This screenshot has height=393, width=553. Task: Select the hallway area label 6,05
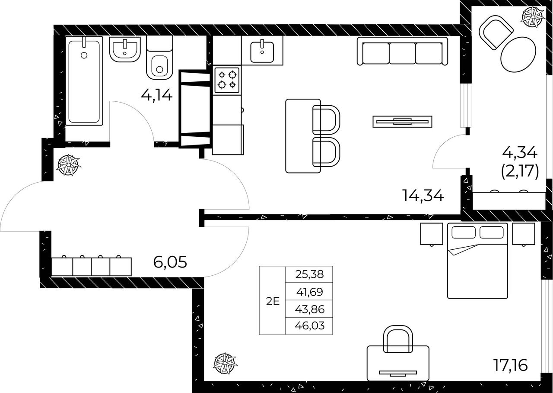click(x=170, y=262)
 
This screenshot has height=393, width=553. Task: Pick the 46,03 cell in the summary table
click(x=310, y=325)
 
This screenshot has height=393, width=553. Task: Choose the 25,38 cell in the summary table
click(x=310, y=274)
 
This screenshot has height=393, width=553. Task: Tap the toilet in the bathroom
click(x=159, y=58)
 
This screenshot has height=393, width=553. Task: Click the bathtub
click(x=84, y=81)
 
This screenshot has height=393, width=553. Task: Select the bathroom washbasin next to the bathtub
click(x=125, y=49)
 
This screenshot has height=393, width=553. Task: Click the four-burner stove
click(x=227, y=80)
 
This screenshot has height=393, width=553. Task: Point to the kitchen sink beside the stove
click(x=262, y=52)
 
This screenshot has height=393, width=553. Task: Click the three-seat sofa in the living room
click(x=402, y=51)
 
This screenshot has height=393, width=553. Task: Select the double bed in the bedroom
click(x=477, y=261)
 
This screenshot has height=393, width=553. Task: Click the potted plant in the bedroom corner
click(x=225, y=363)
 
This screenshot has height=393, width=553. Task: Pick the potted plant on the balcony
click(x=533, y=17)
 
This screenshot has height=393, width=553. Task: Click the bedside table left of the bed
click(x=432, y=234)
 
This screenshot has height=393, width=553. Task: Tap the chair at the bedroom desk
click(x=398, y=339)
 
